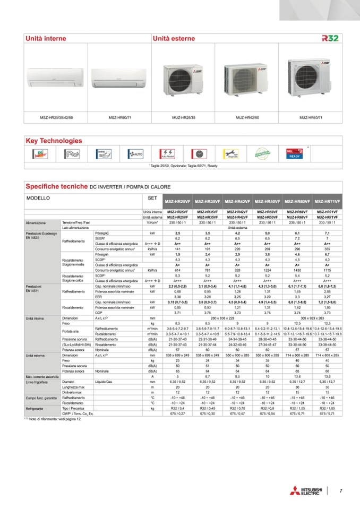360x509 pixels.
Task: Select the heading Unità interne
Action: (45, 39)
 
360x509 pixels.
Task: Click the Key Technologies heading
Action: (54, 141)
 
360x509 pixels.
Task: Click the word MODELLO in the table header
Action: (38, 196)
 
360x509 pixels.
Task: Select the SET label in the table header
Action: (151, 196)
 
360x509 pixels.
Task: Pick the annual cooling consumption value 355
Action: (327, 248)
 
